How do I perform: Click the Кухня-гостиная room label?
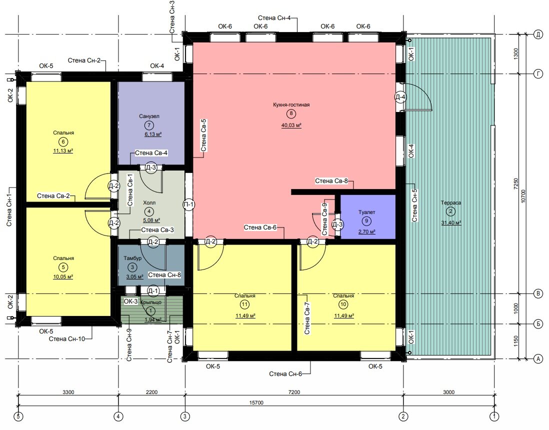tap(291, 104)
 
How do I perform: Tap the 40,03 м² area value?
tap(291, 125)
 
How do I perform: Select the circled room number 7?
tap(149, 125)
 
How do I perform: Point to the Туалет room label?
tap(366, 212)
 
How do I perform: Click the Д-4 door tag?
tap(400, 97)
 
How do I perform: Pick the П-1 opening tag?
tap(188, 204)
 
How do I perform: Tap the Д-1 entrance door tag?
tap(153, 290)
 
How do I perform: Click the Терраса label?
tap(450, 202)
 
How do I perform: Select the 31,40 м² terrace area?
tap(451, 222)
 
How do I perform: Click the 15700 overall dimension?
tap(256, 402)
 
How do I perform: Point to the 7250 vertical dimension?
tap(515, 184)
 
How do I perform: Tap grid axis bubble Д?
tap(538, 34)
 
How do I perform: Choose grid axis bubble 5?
tap(18, 416)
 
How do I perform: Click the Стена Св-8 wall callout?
tap(331, 181)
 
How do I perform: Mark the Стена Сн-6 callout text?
tap(285, 374)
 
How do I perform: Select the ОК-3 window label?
tap(130, 301)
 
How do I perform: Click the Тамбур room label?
tap(132, 258)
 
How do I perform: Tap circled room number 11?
tap(244, 304)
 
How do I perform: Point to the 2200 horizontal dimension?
tap(151, 392)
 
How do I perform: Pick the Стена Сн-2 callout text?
tap(84, 60)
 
